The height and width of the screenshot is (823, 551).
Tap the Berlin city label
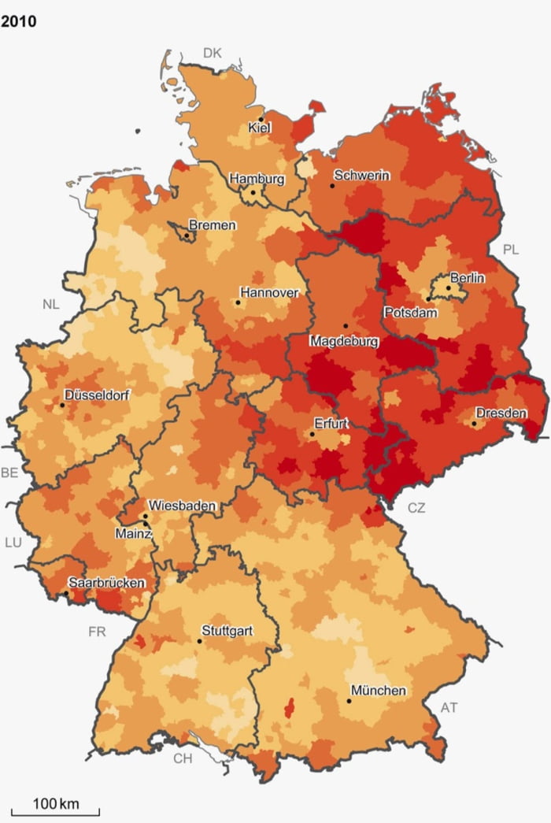tap(468, 278)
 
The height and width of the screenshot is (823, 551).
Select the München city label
tap(379, 691)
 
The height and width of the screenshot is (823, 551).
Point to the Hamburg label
tap(257, 180)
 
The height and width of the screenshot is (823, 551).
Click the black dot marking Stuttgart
tap(199, 641)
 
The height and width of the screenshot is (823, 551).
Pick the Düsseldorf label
tap(98, 395)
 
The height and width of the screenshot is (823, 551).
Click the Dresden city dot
tap(474, 423)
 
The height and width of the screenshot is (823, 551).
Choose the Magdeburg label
tap(344, 342)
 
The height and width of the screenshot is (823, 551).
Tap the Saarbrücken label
tap(106, 583)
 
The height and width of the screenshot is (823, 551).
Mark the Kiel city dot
tap(261, 119)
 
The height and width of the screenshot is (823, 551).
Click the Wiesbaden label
tap(182, 505)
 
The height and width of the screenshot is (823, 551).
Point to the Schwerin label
tap(361, 176)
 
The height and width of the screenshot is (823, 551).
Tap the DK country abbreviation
tap(213, 53)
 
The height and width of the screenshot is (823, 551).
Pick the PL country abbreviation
tap(511, 250)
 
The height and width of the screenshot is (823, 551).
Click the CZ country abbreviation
tap(416, 508)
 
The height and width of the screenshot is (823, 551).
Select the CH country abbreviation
tap(183, 758)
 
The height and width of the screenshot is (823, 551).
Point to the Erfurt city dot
tap(312, 434)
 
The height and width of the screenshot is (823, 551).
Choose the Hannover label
tap(270, 292)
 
